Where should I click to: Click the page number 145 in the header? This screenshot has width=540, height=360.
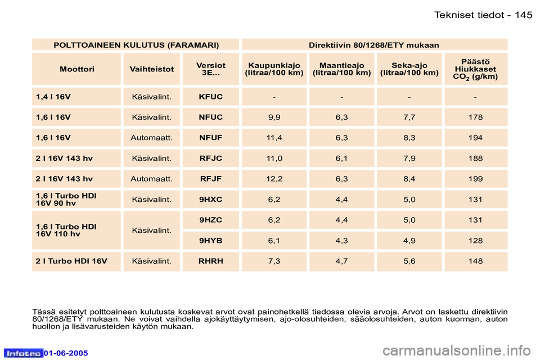[x=523, y=15]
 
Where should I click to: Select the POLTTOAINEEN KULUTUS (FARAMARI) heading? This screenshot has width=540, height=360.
[x=136, y=44]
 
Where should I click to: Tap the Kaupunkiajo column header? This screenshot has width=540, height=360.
[x=274, y=69]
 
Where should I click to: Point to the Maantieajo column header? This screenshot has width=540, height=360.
[x=341, y=69]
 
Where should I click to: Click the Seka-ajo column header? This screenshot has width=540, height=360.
[x=409, y=69]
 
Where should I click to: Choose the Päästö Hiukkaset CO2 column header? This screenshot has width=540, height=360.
[x=475, y=69]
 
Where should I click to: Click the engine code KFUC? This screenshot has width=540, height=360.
[x=211, y=97]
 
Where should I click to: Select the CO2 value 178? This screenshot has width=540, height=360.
[x=475, y=117]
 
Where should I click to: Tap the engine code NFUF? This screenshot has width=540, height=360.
[x=211, y=138]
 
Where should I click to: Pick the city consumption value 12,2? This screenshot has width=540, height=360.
[x=274, y=179]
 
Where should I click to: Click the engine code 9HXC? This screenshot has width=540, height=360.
[x=211, y=199]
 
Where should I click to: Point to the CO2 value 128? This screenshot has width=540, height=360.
[x=475, y=241]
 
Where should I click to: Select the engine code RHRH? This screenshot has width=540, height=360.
[x=211, y=261]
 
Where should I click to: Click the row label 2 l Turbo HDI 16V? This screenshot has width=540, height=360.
[x=71, y=261]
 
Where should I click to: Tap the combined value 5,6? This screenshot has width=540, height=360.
[x=409, y=261]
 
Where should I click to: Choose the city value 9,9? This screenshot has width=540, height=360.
[x=274, y=117]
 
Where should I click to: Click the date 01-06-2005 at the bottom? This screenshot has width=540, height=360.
[x=66, y=353]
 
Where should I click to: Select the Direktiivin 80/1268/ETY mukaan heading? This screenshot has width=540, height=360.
[x=374, y=44]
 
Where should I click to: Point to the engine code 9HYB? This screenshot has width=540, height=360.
[x=211, y=241]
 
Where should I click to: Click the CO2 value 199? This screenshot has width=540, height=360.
[x=475, y=179]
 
